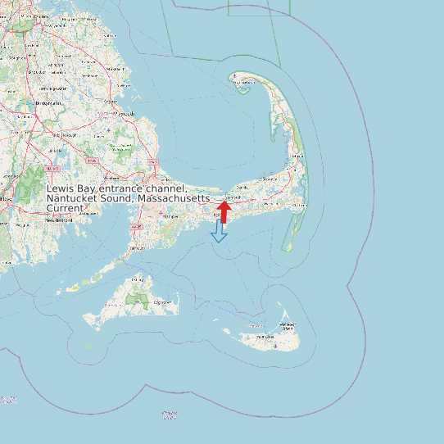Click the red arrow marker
224,211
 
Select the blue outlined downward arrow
219,231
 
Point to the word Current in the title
65,209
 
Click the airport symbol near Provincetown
236,78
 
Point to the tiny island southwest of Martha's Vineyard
88,347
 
